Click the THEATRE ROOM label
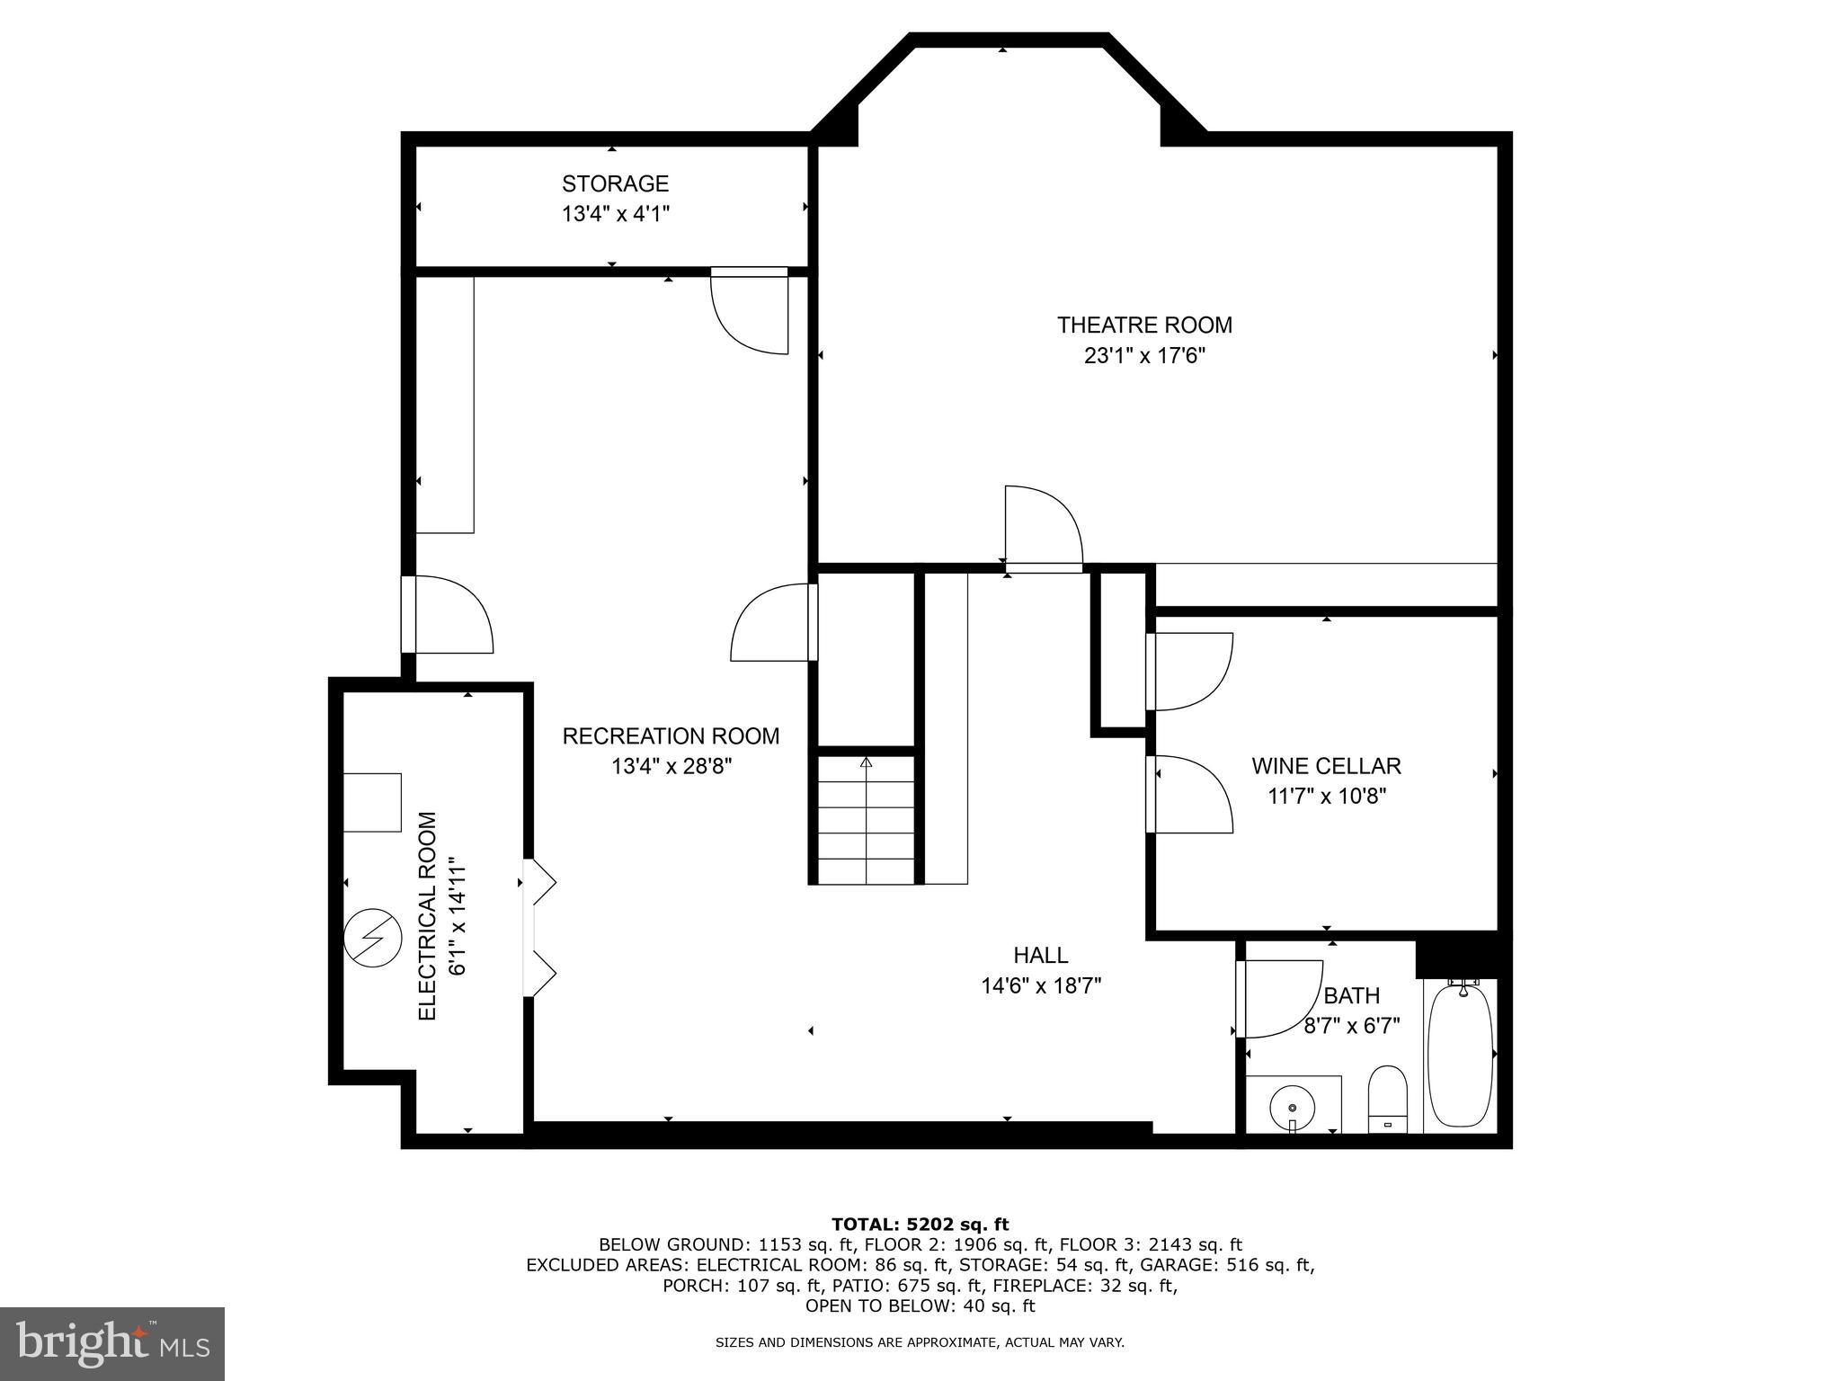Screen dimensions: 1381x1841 pyautogui.click(x=1143, y=325)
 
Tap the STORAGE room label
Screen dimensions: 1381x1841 pyautogui.click(x=615, y=183)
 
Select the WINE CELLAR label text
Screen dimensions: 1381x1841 pyautogui.click(x=1326, y=766)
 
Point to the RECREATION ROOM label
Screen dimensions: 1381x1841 pyautogui.click(x=671, y=736)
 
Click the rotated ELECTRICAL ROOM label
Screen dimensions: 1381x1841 pyautogui.click(x=428, y=915)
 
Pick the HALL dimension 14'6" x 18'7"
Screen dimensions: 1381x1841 pyautogui.click(x=1041, y=986)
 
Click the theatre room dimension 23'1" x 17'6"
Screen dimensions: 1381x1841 pyautogui.click(x=1143, y=355)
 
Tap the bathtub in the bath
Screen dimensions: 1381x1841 pyautogui.click(x=1460, y=1056)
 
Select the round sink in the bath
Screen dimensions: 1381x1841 pyautogui.click(x=1292, y=1103)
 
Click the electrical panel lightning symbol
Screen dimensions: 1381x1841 pyautogui.click(x=371, y=938)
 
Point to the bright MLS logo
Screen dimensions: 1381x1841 pyautogui.click(x=112, y=1344)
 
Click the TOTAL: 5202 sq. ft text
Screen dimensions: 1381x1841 pyautogui.click(x=920, y=1224)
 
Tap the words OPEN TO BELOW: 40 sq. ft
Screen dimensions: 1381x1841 pyautogui.click(x=920, y=1305)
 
